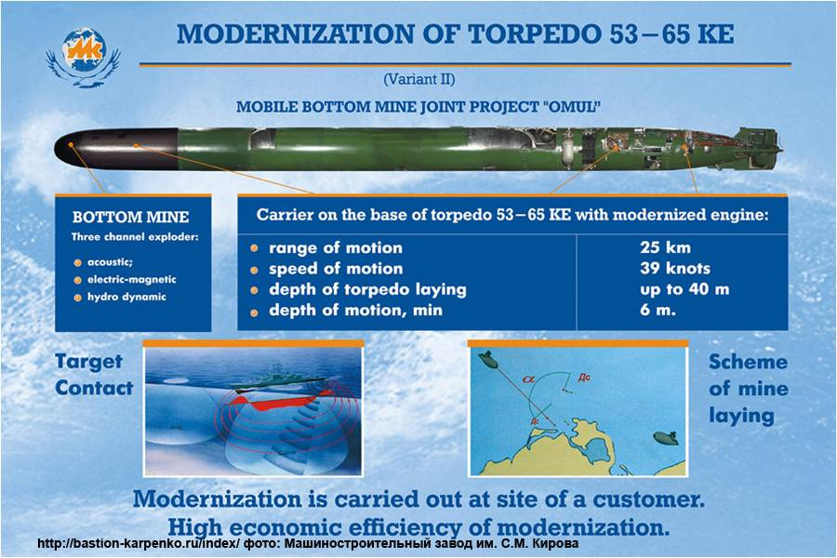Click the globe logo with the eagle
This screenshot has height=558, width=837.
pos(84,58)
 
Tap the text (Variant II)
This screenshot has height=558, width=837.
pos(419,80)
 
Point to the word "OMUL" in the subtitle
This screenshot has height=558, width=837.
pos(571,106)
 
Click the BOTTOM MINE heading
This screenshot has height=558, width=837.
pos(130,217)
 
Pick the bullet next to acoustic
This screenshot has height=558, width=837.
pos(77,262)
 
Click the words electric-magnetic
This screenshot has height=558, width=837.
pos(131,279)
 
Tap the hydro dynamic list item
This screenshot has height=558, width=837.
pos(126,297)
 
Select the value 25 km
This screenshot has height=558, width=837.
pos(665,247)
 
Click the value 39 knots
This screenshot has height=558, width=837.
pos(675,269)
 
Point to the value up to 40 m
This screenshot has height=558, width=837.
pos(684,289)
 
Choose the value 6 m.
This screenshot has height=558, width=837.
pos(658,311)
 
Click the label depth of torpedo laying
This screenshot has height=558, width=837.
pos(367,289)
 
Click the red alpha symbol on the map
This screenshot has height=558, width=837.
pos(529,379)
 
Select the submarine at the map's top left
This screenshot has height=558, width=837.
pos(488,360)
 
